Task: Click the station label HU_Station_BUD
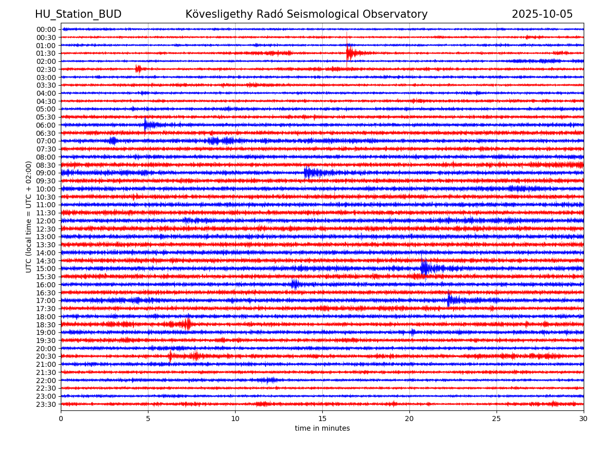pyautogui.click(x=78, y=15)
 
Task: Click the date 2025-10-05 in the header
pyautogui.click(x=542, y=15)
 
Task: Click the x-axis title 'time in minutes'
pyautogui.click(x=322, y=429)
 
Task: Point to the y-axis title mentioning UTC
pyautogui.click(x=29, y=216)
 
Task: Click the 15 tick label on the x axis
pyautogui.click(x=322, y=419)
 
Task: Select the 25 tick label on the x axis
pyautogui.click(x=497, y=419)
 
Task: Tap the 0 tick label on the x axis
pyautogui.click(x=61, y=419)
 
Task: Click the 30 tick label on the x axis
pyautogui.click(x=584, y=419)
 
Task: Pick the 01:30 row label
pyautogui.click(x=46, y=53)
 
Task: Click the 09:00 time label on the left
pyautogui.click(x=46, y=173)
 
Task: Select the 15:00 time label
pyautogui.click(x=46, y=269)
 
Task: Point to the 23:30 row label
pyautogui.click(x=46, y=404)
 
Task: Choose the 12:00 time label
pyautogui.click(x=46, y=221)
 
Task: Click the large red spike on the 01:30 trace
pyautogui.click(x=348, y=52)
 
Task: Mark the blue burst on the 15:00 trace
pyautogui.click(x=425, y=268)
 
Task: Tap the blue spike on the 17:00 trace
pyautogui.click(x=449, y=300)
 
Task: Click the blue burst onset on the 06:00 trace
pyautogui.click(x=145, y=125)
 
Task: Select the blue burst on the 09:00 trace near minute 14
pyautogui.click(x=308, y=173)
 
